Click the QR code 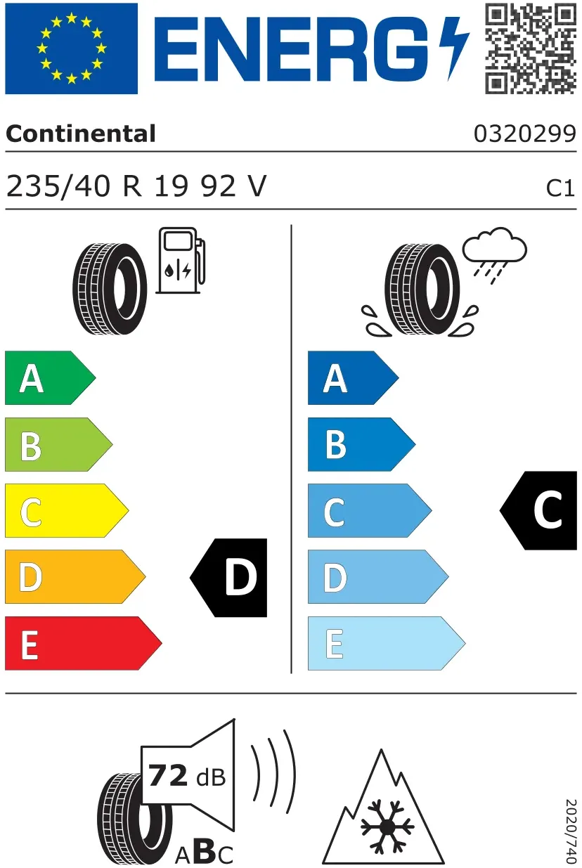pyautogui.click(x=531, y=48)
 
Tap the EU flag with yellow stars pyautogui.click(x=71, y=48)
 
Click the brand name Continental pyautogui.click(x=81, y=134)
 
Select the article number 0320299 pyautogui.click(x=525, y=134)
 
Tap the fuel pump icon pyautogui.click(x=181, y=260)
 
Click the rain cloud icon pyautogui.click(x=494, y=255)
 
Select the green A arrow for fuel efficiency pyautogui.click(x=50, y=378)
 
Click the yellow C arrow pyautogui.click(x=67, y=511)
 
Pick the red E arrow pyautogui.click(x=84, y=643)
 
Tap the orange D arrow pyautogui.click(x=75, y=576)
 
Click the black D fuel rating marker pyautogui.click(x=228, y=577)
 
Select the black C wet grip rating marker pyautogui.click(x=538, y=510)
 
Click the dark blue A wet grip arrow pyautogui.click(x=353, y=378)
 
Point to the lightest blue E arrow pyautogui.click(x=387, y=643)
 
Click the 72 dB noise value pyautogui.click(x=187, y=776)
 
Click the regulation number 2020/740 pyautogui.click(x=571, y=831)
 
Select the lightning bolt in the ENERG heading pyautogui.click(x=454, y=48)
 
